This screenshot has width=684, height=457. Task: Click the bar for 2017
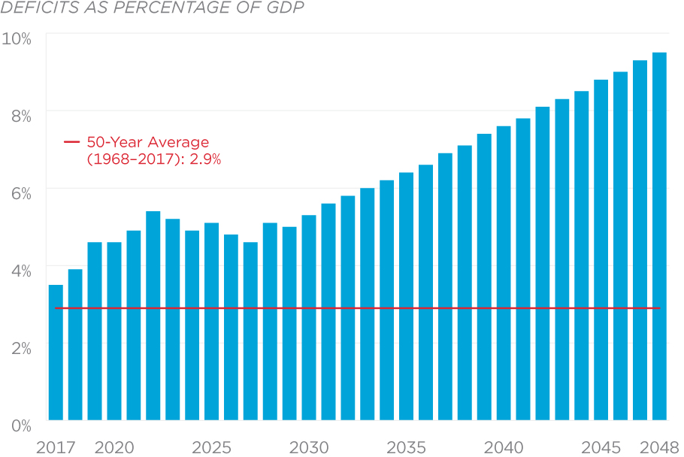tap(56, 353)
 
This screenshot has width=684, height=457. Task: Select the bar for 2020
tap(114, 331)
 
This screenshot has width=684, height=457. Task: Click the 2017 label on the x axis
tap(56, 448)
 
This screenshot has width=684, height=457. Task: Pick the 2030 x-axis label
tap(309, 448)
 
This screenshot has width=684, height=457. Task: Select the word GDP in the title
tap(287, 9)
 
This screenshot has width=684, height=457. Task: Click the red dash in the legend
tap(71, 142)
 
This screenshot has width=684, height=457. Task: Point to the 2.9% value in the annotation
tap(205, 159)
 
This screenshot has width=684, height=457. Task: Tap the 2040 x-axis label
tap(504, 448)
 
